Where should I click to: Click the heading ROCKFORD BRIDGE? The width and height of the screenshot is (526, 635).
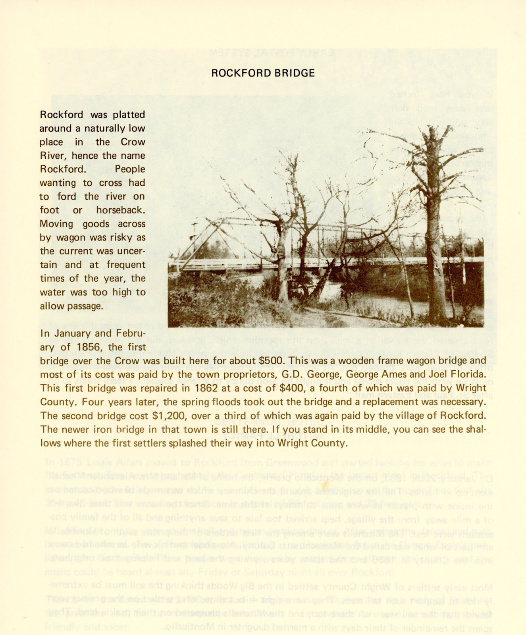(x=263, y=73)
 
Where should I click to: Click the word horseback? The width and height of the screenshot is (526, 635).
(x=121, y=210)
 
